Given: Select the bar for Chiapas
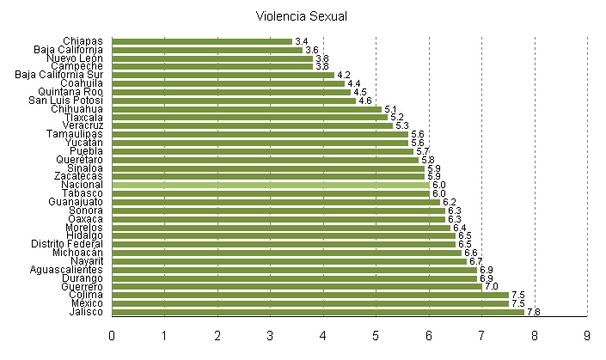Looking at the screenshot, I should point(202,41).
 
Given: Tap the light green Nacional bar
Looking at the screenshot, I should point(271,185).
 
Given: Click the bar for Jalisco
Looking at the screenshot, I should point(318,312).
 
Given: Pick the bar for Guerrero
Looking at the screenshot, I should point(297,286).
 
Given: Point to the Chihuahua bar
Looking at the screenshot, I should point(247,109).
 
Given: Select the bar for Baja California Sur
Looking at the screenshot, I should point(223,75).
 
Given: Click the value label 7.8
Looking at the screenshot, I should point(534,312).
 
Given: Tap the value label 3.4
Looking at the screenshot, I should point(301,41).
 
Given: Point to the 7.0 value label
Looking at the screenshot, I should point(492,286).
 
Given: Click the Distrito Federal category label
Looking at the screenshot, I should point(67,244).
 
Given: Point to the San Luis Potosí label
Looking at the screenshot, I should point(65,101).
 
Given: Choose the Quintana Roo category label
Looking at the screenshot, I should point(70,92).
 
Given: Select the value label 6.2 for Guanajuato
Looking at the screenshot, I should point(450,202).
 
